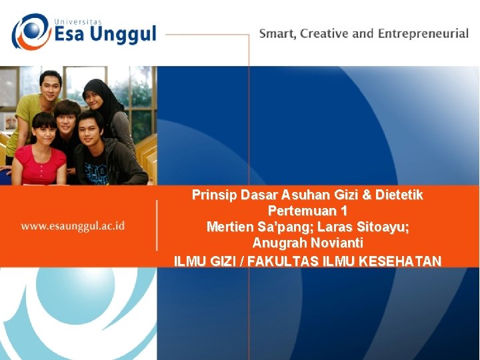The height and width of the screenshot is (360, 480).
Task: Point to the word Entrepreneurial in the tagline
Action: pyautogui.click(x=423, y=33)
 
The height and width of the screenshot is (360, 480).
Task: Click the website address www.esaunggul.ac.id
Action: pyautogui.click(x=73, y=225)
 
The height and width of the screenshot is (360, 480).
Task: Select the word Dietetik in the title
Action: pyautogui.click(x=399, y=195)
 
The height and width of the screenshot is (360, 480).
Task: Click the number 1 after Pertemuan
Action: pyautogui.click(x=343, y=211)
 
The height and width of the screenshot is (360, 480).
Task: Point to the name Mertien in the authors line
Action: pyautogui.click(x=229, y=227)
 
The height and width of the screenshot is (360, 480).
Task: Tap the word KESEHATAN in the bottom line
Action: pyautogui.click(x=399, y=261)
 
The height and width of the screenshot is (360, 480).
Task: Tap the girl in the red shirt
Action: pyautogui.click(x=41, y=153)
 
